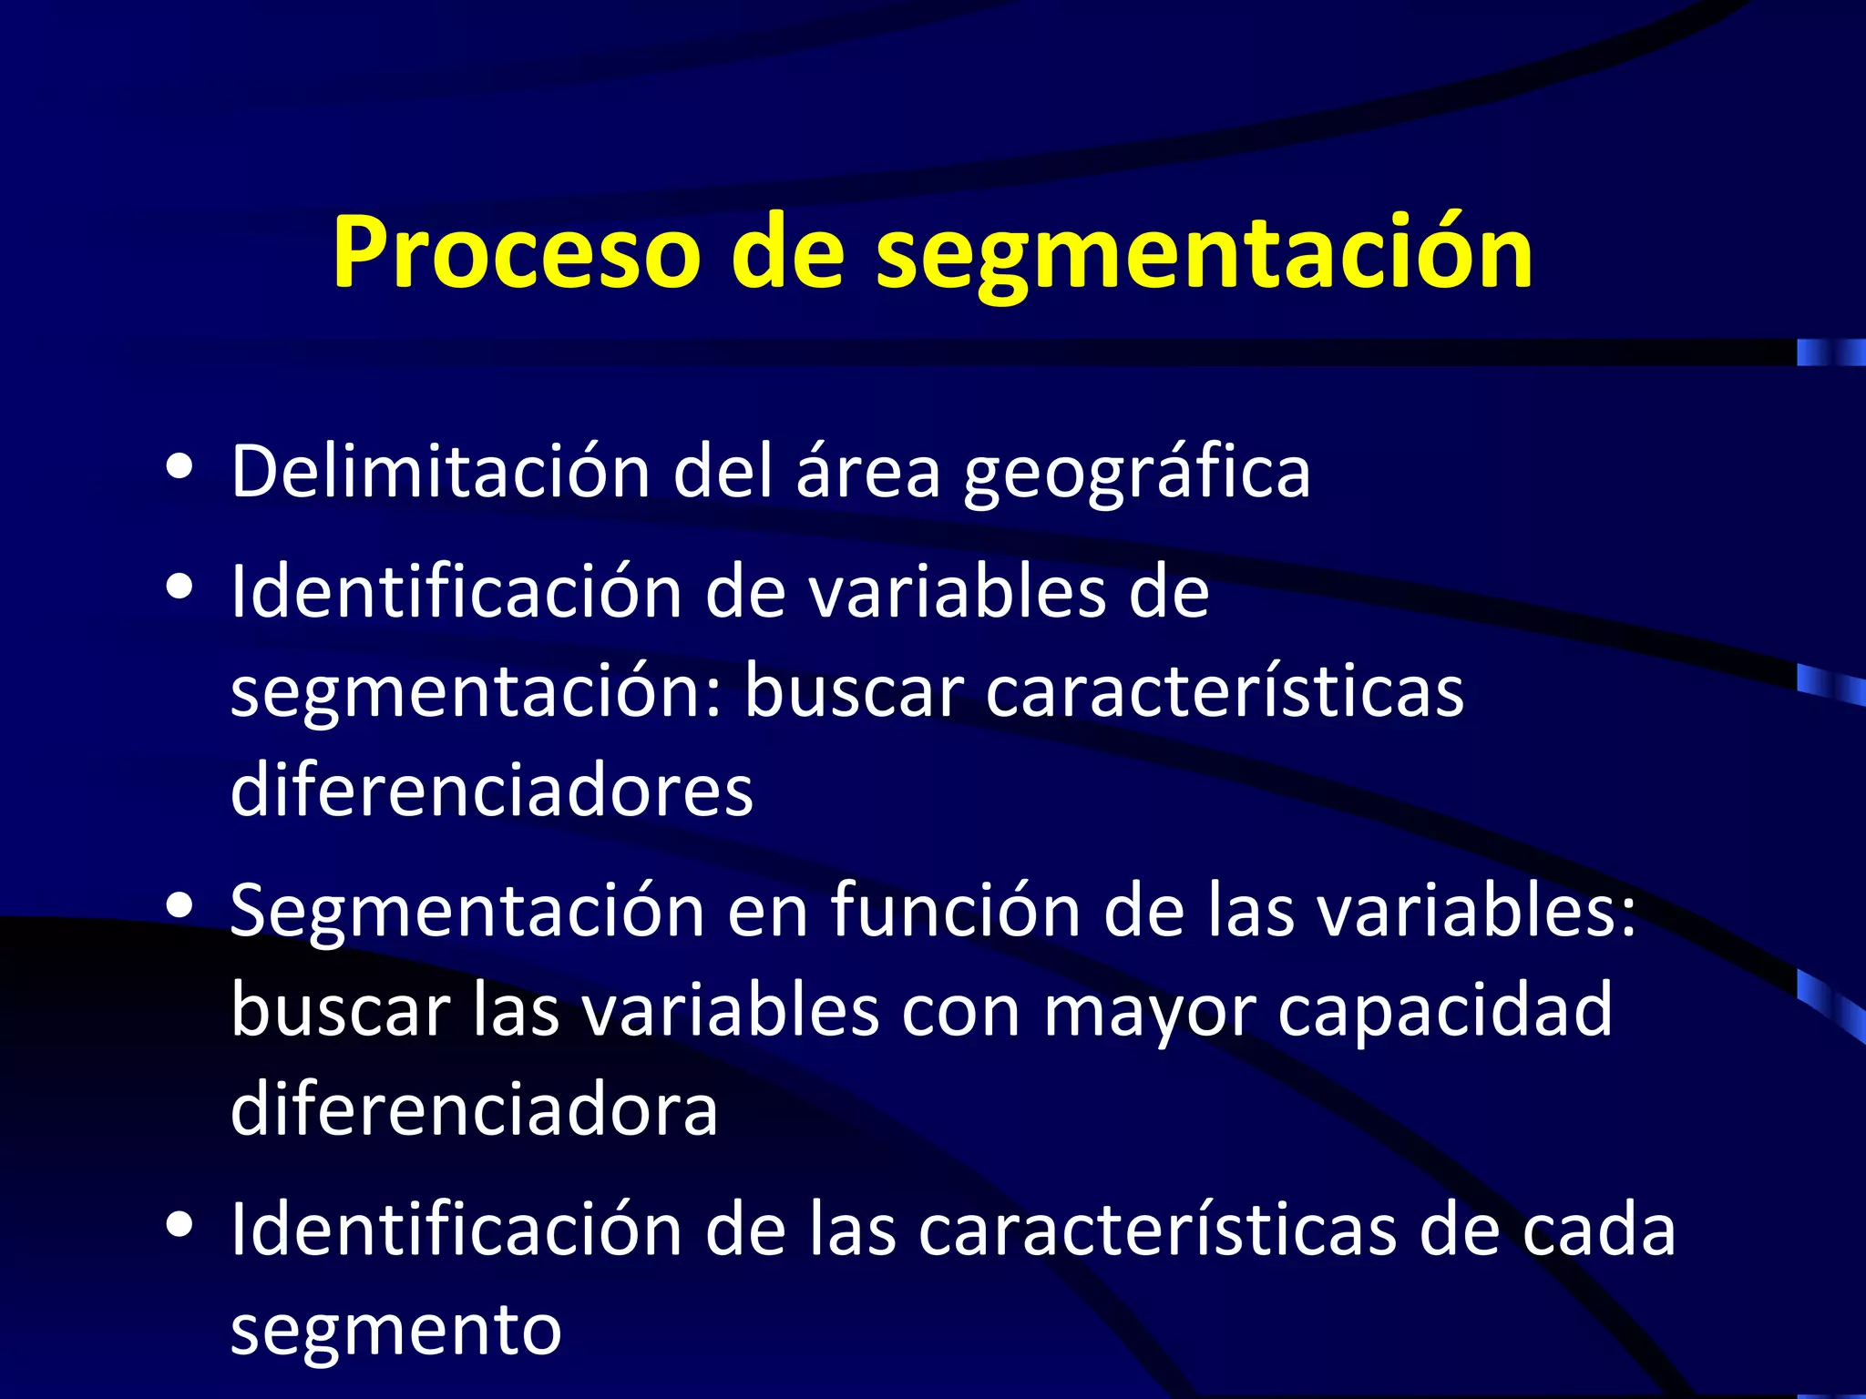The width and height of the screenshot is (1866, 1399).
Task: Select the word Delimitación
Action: coord(440,471)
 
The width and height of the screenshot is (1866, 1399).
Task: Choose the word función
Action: coord(956,910)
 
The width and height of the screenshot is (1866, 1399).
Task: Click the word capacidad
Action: coord(1445,1011)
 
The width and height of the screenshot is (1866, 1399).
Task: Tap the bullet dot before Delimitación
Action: coord(180,466)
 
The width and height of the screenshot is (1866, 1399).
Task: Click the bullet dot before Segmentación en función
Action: coord(180,905)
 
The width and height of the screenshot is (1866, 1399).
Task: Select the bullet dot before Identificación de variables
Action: coord(180,587)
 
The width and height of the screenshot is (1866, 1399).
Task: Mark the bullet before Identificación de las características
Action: coord(180,1225)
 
